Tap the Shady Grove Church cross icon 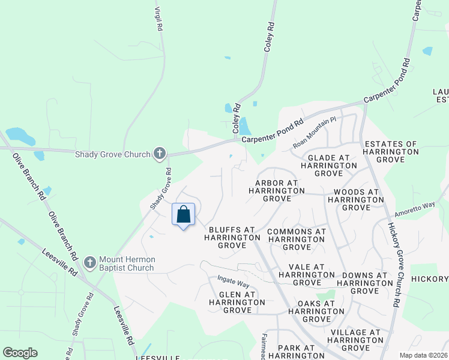tap(160, 154)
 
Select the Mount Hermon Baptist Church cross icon tap(90, 263)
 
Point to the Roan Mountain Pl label tap(315, 133)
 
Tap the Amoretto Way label tap(414, 210)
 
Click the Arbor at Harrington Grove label tap(277, 190)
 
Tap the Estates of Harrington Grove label tap(391, 152)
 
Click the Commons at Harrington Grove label tap(297, 239)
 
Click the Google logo tap(20, 353)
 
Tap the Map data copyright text tap(424, 355)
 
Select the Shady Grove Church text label tap(112, 154)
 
